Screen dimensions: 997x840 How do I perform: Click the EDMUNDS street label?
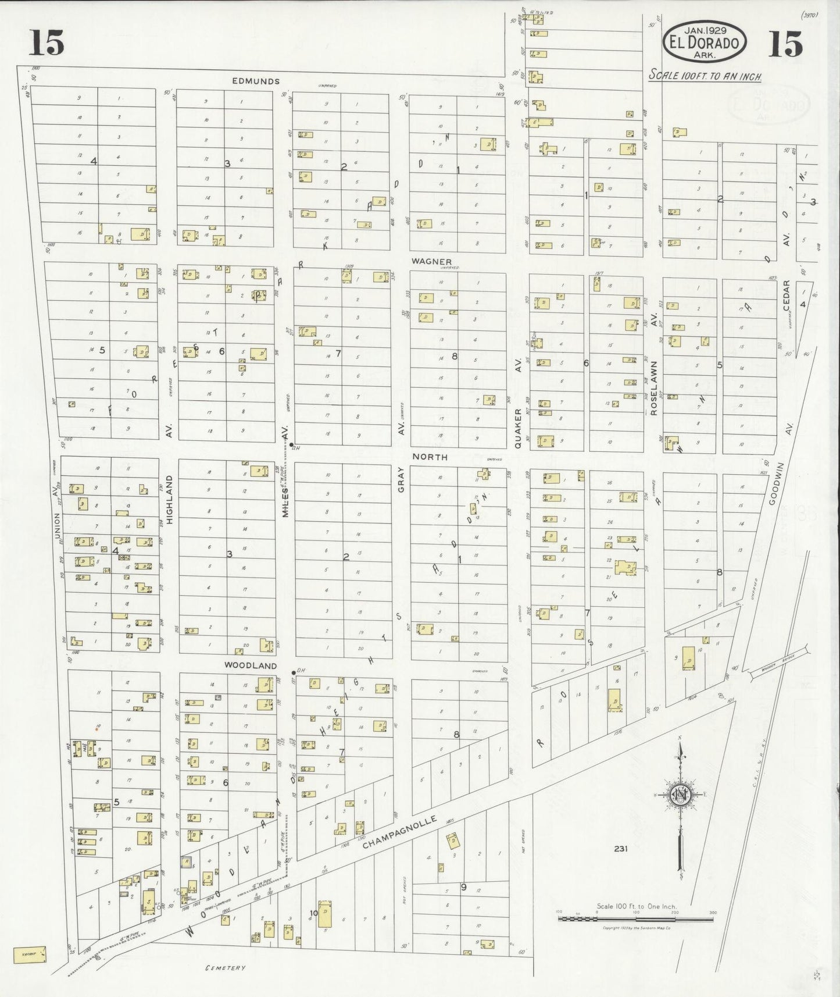(256, 81)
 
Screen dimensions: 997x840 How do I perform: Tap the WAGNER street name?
(431, 262)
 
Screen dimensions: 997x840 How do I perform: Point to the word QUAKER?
(517, 428)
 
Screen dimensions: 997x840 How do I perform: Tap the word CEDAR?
(786, 295)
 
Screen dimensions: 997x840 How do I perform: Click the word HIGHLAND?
(170, 500)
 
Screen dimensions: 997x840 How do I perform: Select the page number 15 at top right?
(785, 44)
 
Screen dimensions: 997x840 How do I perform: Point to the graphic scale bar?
(635, 918)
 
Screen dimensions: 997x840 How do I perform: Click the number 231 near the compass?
(620, 849)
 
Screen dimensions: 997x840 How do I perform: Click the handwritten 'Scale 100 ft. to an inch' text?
(705, 76)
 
